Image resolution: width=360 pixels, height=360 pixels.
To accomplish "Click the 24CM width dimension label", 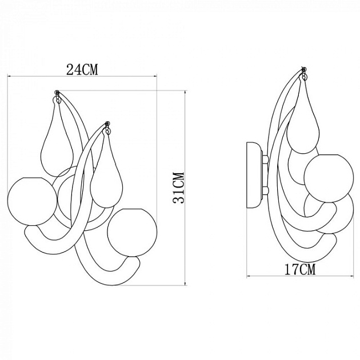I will [x=82, y=70].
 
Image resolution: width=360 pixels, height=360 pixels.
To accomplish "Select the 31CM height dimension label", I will [x=178, y=188].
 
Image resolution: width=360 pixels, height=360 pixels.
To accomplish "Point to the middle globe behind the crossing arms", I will [x=71, y=194].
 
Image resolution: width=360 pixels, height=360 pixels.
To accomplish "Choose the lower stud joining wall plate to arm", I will [x=265, y=191].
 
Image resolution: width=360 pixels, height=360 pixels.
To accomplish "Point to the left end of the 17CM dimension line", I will [x=247, y=277].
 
